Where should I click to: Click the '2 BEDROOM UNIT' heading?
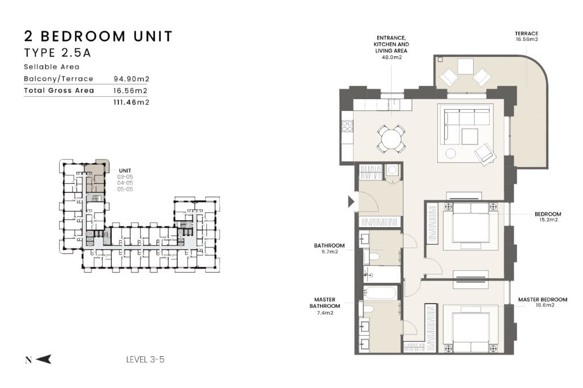pos(98,36)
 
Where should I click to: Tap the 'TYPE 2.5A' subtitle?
pos(58,53)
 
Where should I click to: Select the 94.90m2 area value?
pos(132,79)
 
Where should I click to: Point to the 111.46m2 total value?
pos(132,102)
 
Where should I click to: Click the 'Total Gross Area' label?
pos(59,90)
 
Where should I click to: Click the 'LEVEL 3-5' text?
pos(145,360)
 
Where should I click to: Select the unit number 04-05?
pos(125,183)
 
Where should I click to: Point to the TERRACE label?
pos(527,34)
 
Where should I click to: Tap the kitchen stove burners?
pos(347,126)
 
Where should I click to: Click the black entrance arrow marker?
pos(351,202)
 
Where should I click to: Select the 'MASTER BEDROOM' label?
pos(543,300)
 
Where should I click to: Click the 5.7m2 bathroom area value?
pos(330,251)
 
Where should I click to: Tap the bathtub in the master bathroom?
pos(380,292)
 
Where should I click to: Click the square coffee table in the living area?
pos(470,136)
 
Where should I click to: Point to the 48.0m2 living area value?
pos(392,57)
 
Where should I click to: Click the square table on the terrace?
pos(466,67)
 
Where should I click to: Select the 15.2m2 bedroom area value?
pos(548,220)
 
